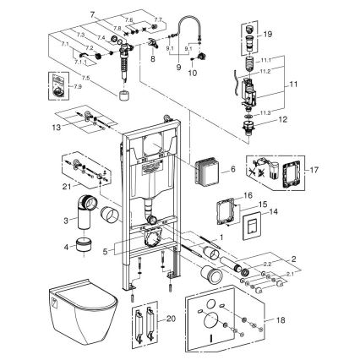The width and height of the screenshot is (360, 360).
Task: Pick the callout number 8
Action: click(151, 61)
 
